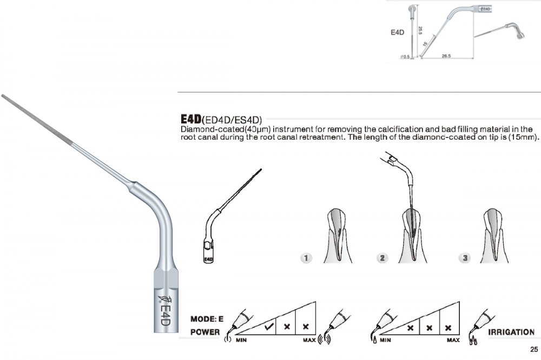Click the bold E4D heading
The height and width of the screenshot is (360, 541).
click(x=191, y=119)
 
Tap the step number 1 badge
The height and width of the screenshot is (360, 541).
click(x=306, y=258)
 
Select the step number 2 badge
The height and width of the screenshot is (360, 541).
click(x=382, y=258)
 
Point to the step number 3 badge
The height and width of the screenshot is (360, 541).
click(x=465, y=258)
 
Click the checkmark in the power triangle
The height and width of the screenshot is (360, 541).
click(x=269, y=326)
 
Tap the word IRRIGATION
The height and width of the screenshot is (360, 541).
click(x=511, y=332)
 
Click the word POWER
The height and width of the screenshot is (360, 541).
click(x=205, y=332)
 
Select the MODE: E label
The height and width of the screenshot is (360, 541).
click(x=207, y=319)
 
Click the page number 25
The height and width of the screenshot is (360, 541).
click(x=534, y=349)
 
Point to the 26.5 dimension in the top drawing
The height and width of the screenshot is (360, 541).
click(x=446, y=56)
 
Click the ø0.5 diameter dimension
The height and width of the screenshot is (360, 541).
click(x=405, y=57)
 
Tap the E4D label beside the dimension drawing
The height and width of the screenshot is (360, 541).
click(x=397, y=32)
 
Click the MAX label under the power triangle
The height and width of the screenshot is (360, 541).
click(x=309, y=341)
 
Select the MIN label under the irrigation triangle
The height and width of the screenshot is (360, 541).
click(x=385, y=341)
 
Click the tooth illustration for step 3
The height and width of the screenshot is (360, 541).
click(x=494, y=235)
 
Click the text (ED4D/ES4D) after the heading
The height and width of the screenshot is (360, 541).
click(x=232, y=120)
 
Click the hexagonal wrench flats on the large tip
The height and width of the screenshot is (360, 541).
click(x=166, y=279)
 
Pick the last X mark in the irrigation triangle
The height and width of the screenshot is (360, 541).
click(x=448, y=328)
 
